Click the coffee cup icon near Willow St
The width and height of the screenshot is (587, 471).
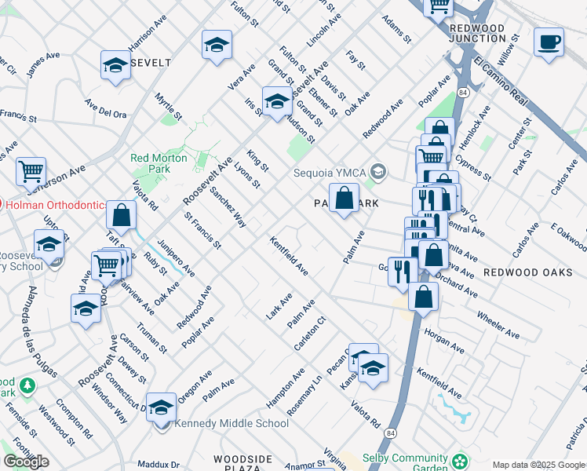point(549,41)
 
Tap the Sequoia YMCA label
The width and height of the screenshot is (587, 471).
point(330,173)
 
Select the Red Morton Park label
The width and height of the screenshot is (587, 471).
point(160,163)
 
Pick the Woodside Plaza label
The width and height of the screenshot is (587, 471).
point(245,464)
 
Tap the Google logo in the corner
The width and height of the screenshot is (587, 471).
point(26,462)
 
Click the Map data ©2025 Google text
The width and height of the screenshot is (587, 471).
point(538,465)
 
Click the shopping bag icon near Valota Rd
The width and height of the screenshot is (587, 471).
point(121,214)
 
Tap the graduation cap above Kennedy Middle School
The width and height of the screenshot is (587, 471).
point(161,407)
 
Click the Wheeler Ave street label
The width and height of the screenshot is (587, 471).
point(498,324)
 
